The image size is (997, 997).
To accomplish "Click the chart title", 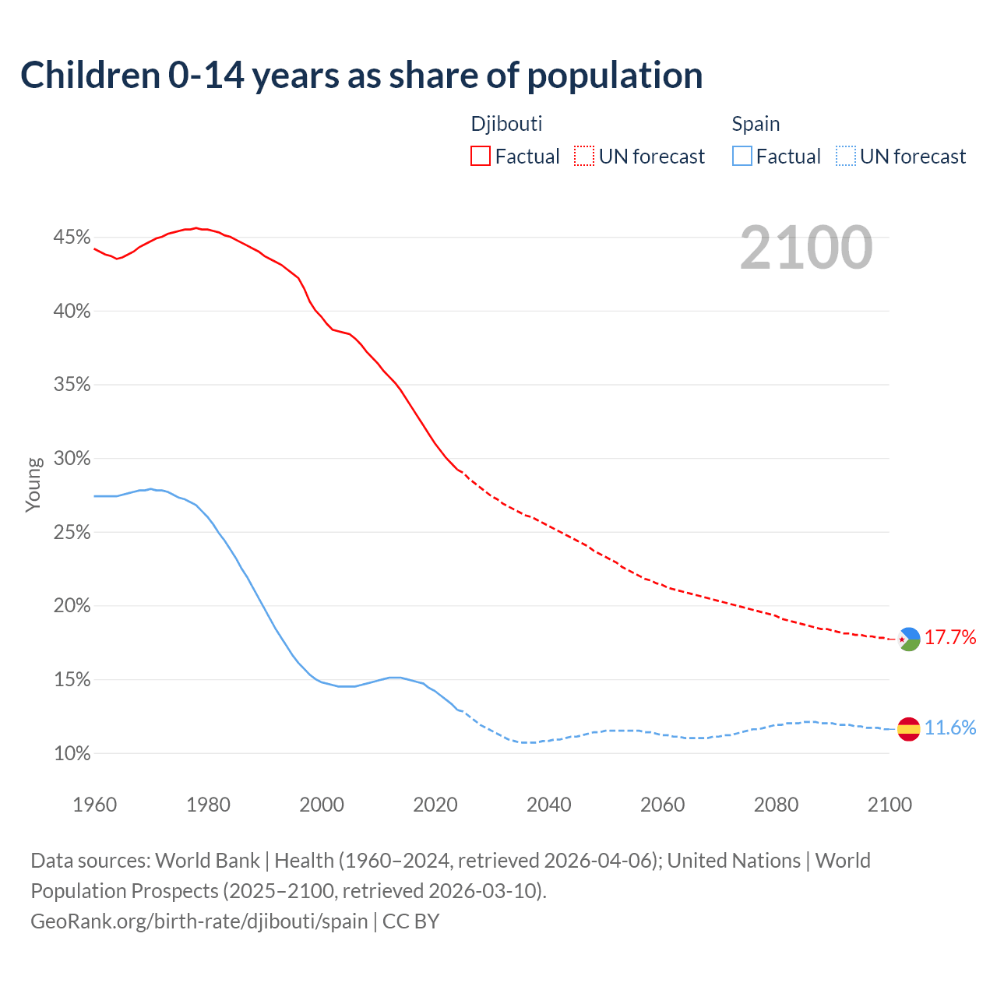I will (361, 76).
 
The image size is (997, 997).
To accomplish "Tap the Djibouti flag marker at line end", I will (909, 639).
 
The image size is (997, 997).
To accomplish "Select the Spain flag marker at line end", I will (909, 729).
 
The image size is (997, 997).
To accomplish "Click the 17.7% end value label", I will (950, 638).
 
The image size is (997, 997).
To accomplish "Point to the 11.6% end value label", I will (950, 728).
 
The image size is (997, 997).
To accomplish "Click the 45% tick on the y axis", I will (72, 238).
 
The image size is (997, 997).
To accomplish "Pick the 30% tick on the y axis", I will (72, 459).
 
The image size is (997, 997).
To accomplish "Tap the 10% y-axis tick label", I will (72, 754).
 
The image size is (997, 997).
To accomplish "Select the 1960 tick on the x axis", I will (94, 805).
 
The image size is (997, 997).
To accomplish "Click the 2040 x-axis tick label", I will (548, 805).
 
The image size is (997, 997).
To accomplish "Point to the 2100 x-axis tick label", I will (889, 805).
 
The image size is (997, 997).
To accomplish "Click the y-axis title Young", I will (33, 484).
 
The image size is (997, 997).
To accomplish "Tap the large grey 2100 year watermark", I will (806, 248).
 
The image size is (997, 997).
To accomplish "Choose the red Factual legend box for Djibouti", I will (481, 157).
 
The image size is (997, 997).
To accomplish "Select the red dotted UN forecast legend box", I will (584, 157).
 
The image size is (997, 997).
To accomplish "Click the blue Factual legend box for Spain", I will (742, 157).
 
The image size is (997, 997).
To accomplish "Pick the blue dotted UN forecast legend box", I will (846, 157).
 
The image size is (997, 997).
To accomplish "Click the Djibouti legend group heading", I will (506, 124).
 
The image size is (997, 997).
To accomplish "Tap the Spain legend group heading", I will (756, 124).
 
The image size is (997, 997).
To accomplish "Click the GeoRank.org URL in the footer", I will (199, 921).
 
